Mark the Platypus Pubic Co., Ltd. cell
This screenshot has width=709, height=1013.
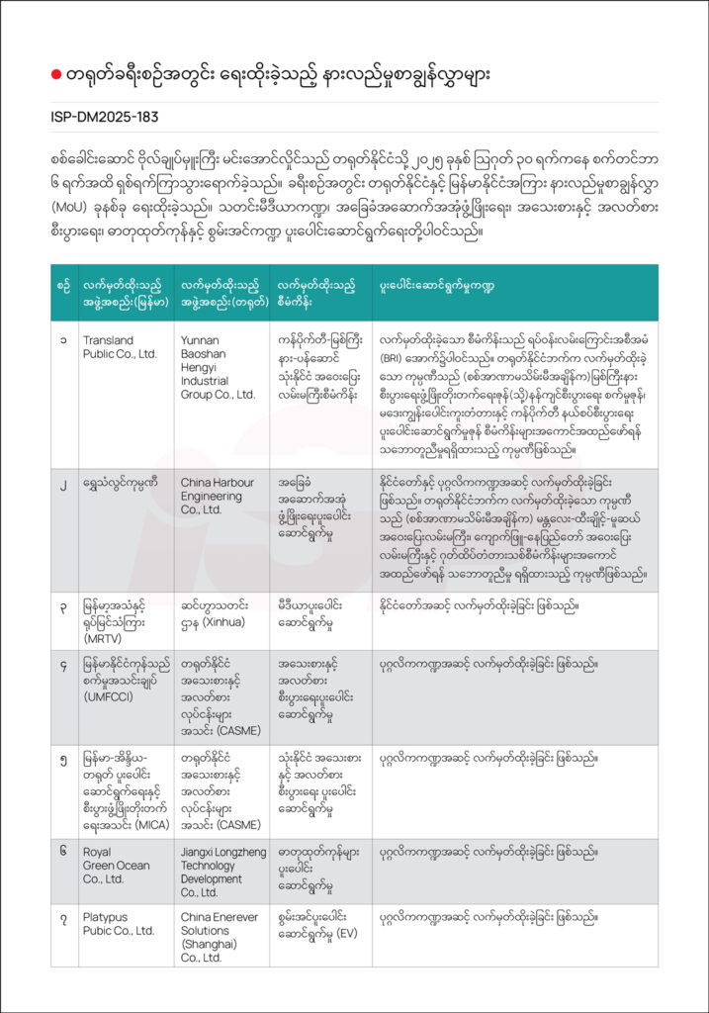point(118,924)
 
